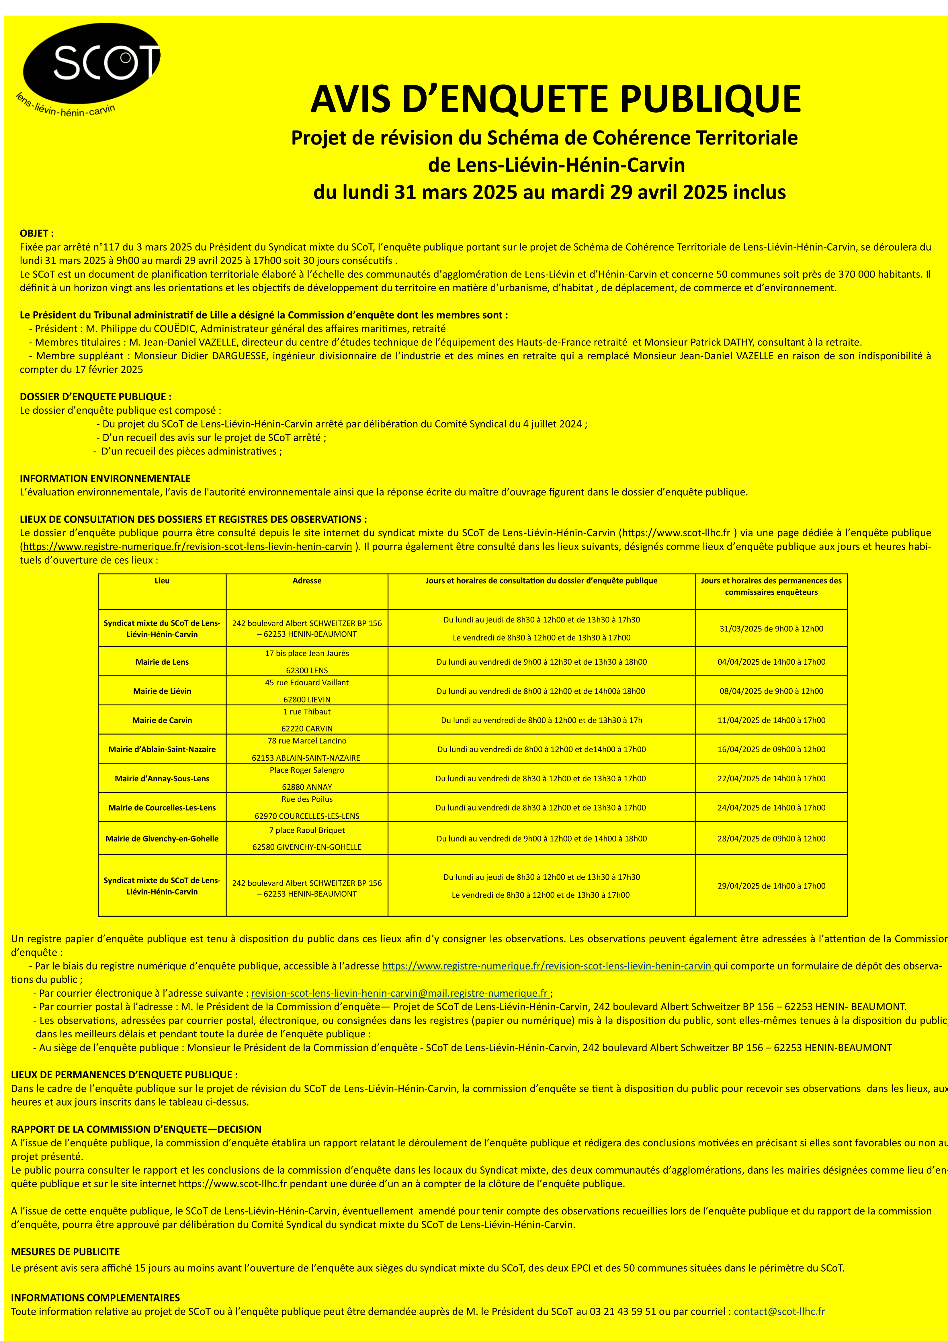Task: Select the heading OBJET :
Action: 37,233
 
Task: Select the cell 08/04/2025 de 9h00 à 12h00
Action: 771,691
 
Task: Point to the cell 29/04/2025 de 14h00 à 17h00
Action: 771,885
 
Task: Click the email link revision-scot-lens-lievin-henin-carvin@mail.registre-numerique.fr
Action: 400,993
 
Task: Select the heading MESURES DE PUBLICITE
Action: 65,1252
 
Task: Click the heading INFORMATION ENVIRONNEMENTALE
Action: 105,478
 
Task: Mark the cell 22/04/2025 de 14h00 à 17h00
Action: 771,778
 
